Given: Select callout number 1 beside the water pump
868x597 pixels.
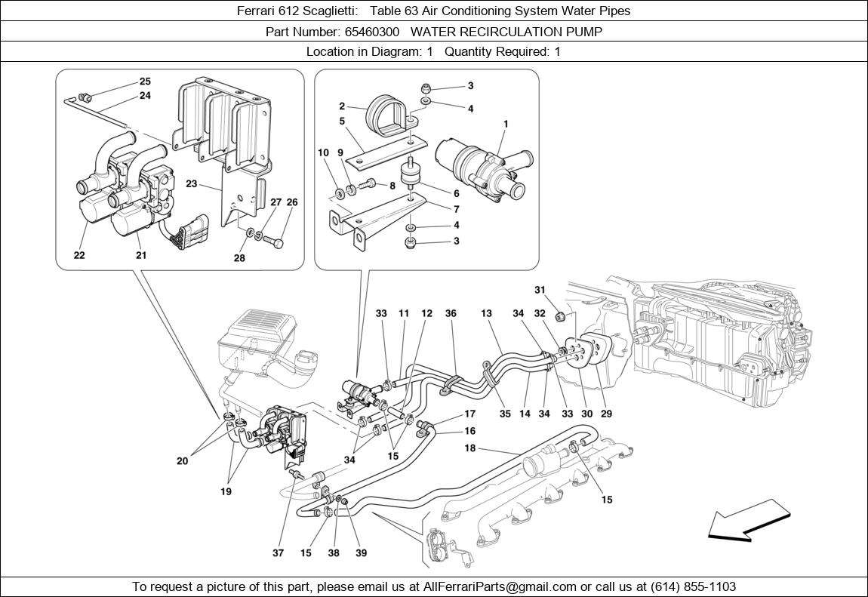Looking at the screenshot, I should tap(506, 124).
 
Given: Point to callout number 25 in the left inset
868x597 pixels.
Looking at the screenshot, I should tap(145, 82).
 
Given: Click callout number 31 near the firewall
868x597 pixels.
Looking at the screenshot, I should tap(540, 290).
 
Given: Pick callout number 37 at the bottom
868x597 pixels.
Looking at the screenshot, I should tap(279, 552).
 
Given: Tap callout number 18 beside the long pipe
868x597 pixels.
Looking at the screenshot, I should tap(469, 448).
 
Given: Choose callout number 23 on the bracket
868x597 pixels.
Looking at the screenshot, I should tap(192, 183).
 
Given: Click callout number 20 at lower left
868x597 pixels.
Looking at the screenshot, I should tap(183, 460).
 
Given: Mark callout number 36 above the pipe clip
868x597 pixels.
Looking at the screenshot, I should tap(451, 313).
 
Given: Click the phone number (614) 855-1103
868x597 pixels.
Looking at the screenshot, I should tap(688, 586).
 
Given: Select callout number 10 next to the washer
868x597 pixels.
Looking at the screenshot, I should tap(323, 153).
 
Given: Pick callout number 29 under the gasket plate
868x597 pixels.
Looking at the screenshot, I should tap(606, 414).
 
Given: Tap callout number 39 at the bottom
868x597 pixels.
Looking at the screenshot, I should tap(362, 552).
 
